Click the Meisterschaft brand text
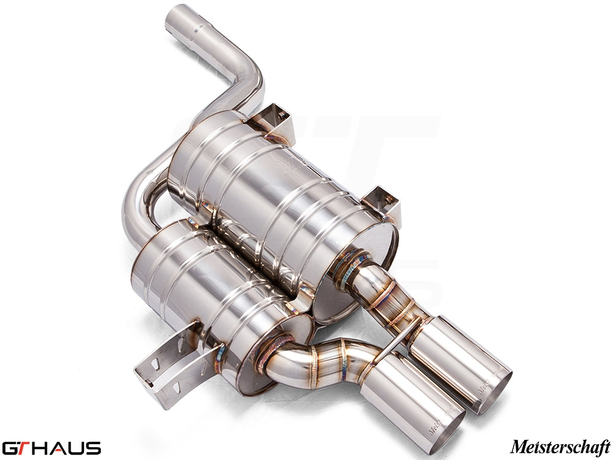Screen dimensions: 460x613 tap(560, 446)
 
